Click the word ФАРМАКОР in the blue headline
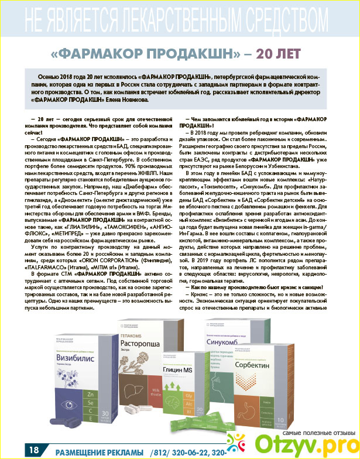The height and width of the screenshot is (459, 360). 103,53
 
